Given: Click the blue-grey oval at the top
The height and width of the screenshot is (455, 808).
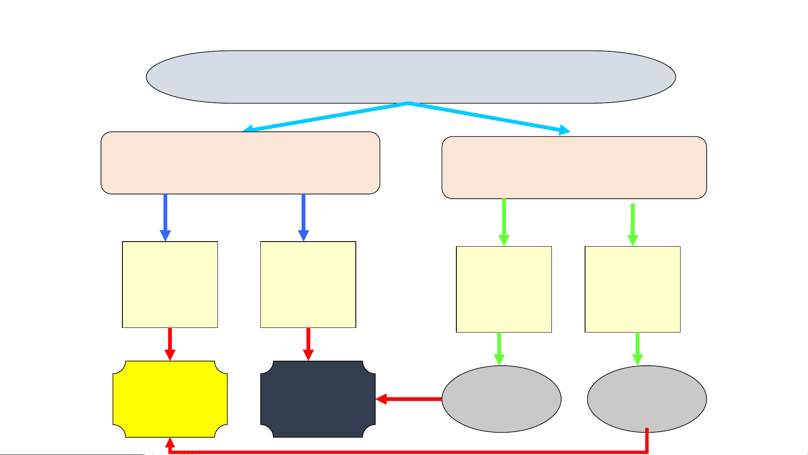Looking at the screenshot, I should pyautogui.click(x=411, y=77).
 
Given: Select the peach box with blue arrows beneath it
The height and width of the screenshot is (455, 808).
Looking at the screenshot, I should pyautogui.click(x=240, y=163).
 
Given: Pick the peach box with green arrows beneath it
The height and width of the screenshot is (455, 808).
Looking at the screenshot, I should pyautogui.click(x=574, y=168).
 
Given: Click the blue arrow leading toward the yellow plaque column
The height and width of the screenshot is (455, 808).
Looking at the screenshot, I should pyautogui.click(x=165, y=217).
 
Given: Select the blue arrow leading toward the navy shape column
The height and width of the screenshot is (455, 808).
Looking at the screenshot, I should pyautogui.click(x=303, y=217).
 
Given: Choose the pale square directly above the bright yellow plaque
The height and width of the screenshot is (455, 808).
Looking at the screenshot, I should pyautogui.click(x=170, y=285).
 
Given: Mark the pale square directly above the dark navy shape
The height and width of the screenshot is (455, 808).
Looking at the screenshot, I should pyautogui.click(x=308, y=285).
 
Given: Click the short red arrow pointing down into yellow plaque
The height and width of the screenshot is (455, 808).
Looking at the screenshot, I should pyautogui.click(x=170, y=343).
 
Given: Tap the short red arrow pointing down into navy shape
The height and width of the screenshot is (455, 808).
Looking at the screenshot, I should pyautogui.click(x=308, y=343).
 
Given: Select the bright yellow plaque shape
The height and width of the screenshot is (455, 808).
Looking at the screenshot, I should pyautogui.click(x=170, y=399).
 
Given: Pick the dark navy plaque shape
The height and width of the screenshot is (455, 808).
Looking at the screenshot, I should pyautogui.click(x=318, y=399).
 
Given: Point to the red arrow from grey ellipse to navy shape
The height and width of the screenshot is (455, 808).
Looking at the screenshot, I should pyautogui.click(x=408, y=399).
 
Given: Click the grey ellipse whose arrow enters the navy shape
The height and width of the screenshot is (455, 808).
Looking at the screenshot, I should pyautogui.click(x=501, y=399).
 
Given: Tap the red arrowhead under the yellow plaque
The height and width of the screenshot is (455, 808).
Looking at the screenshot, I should pyautogui.click(x=170, y=443).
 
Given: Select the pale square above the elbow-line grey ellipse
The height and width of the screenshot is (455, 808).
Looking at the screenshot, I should pyautogui.click(x=633, y=290).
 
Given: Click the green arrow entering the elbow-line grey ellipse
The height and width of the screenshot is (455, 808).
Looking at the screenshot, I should pyautogui.click(x=638, y=349).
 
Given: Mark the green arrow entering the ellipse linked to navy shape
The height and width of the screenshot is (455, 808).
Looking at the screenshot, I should pyautogui.click(x=499, y=349).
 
